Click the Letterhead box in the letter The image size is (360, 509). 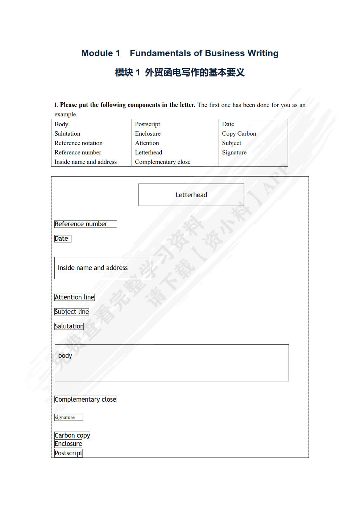(x=191, y=195)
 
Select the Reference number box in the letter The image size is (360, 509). (x=86, y=224)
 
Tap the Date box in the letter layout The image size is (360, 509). (x=63, y=239)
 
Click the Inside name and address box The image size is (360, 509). (x=103, y=268)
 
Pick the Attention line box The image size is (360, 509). (x=74, y=297)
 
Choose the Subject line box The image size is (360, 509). (x=72, y=312)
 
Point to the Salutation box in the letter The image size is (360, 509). (x=69, y=326)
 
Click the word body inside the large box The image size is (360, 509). (x=65, y=356)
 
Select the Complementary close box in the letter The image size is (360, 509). (x=85, y=400)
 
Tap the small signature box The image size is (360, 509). (x=69, y=417)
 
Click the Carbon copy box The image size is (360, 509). (x=72, y=435)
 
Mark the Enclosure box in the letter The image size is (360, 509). (x=68, y=444)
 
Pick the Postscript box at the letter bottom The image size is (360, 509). (x=69, y=453)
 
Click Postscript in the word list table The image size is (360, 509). (x=147, y=124)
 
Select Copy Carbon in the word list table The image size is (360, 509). (x=239, y=134)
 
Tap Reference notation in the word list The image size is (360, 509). (x=78, y=143)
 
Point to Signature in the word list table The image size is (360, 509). (x=234, y=153)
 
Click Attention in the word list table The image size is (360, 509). (x=147, y=143)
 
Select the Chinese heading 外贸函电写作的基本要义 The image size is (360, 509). (x=195, y=73)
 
